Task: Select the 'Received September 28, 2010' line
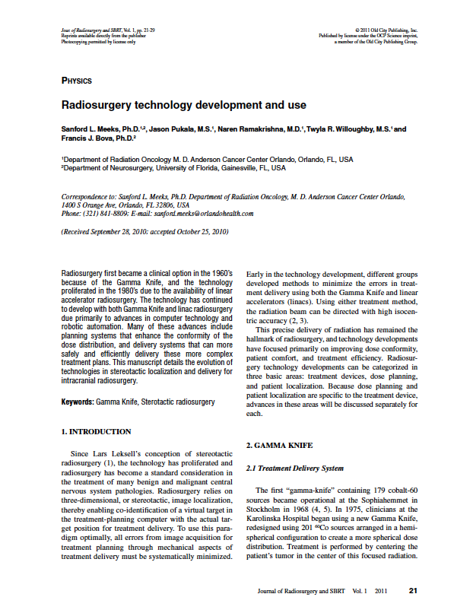tap(144, 231)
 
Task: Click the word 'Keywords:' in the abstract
tap(77, 401)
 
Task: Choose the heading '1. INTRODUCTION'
tap(96, 432)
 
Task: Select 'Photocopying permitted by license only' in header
tap(98, 42)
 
